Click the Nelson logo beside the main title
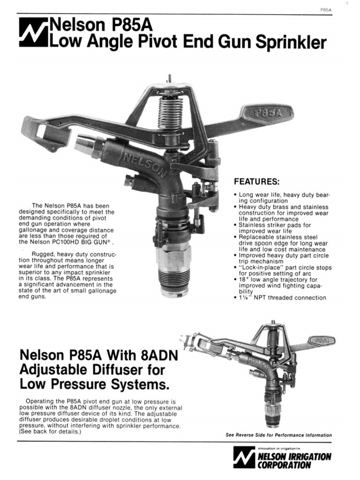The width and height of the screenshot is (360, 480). pyautogui.click(x=33, y=32)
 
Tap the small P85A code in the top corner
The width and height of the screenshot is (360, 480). pyautogui.click(x=326, y=10)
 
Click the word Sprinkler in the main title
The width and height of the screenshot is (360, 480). pyautogui.click(x=291, y=42)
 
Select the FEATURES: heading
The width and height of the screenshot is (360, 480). pyautogui.click(x=257, y=181)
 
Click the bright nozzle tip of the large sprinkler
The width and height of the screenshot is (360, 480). pyautogui.click(x=86, y=143)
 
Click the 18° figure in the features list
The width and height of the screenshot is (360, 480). pyautogui.click(x=243, y=279)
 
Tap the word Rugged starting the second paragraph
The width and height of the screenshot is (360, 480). pyautogui.click(x=42, y=255)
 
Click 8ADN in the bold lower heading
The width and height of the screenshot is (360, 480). pyautogui.click(x=159, y=355)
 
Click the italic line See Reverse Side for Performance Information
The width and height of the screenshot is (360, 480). pyautogui.click(x=279, y=435)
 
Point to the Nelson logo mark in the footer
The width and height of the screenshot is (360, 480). pyautogui.click(x=244, y=457)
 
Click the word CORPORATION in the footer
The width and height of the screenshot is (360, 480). pyautogui.click(x=284, y=465)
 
